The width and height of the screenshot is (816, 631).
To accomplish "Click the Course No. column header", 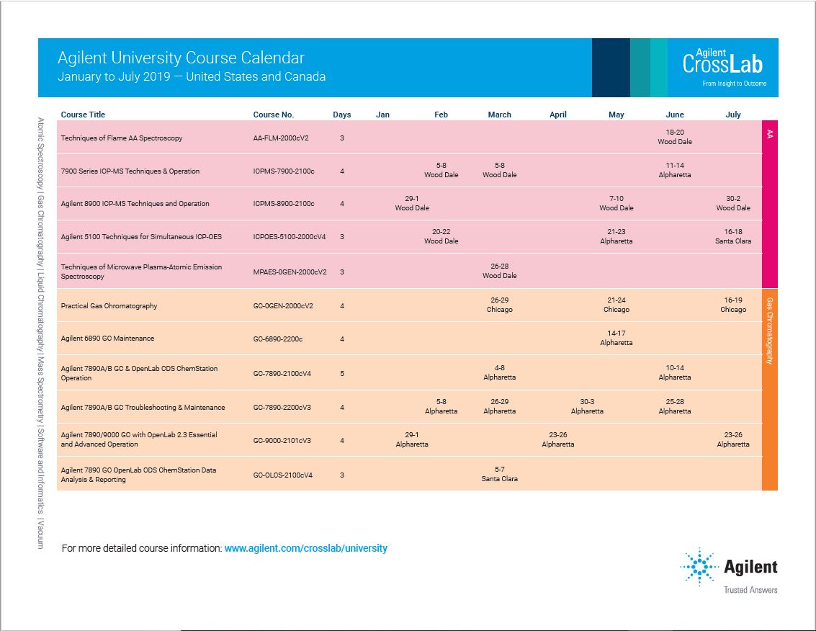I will [273, 115].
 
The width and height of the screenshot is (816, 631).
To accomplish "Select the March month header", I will [499, 115].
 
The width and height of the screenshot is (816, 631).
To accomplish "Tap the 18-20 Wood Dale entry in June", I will [675, 137].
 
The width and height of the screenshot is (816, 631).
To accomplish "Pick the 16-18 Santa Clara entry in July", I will [732, 236].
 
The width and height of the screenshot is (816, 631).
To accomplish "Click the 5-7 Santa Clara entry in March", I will [499, 474].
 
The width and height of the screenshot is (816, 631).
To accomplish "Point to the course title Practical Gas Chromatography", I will [109, 305].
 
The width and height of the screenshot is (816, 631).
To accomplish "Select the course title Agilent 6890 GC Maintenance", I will [107, 338].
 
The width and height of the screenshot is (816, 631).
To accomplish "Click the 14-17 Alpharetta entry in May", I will [616, 338].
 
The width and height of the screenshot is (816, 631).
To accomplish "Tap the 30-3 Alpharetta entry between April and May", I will [587, 406].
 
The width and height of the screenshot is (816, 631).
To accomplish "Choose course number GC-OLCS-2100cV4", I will [283, 475].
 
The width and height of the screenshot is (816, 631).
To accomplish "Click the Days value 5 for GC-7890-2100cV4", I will [342, 373].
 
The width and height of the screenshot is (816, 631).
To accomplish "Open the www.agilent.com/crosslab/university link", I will [306, 548].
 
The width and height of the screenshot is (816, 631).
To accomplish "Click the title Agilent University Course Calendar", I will [181, 58].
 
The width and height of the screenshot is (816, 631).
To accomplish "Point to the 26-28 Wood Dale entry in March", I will [499, 271].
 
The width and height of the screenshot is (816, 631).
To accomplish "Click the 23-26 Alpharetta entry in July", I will [732, 439].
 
